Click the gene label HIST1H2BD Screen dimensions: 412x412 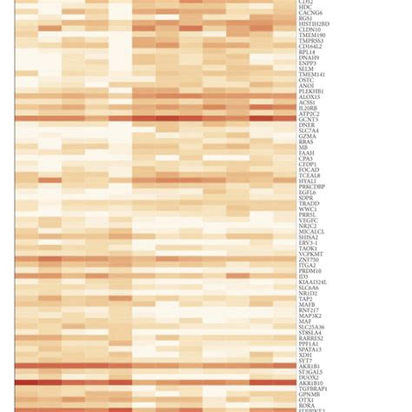[x=314, y=23]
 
